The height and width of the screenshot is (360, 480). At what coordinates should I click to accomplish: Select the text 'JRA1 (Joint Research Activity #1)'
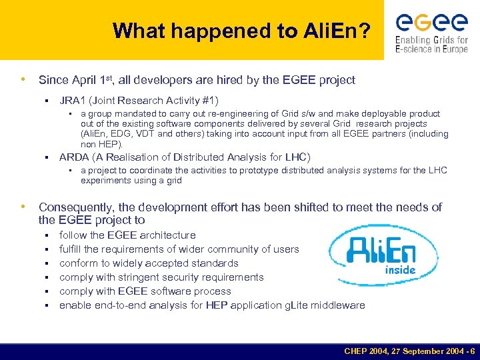(x=139, y=101)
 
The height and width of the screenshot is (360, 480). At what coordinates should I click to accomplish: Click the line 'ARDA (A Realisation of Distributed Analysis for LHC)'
(x=185, y=157)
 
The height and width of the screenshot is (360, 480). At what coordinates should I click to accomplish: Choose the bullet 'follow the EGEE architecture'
(x=127, y=235)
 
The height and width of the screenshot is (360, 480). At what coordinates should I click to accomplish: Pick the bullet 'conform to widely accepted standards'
(x=149, y=263)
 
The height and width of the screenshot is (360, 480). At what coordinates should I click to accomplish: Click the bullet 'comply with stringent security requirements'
(x=161, y=277)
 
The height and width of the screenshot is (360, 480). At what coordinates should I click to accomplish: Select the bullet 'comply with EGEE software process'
(x=145, y=291)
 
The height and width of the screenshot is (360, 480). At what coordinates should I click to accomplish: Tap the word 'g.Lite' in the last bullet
(x=298, y=305)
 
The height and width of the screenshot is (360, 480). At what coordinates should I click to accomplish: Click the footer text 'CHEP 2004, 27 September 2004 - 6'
(x=409, y=351)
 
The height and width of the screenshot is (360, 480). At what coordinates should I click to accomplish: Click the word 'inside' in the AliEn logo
(x=400, y=270)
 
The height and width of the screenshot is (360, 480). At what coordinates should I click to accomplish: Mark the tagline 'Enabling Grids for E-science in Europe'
(x=431, y=44)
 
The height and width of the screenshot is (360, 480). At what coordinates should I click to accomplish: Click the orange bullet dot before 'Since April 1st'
(x=24, y=80)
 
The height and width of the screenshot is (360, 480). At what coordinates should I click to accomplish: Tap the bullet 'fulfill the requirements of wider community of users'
(x=179, y=249)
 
